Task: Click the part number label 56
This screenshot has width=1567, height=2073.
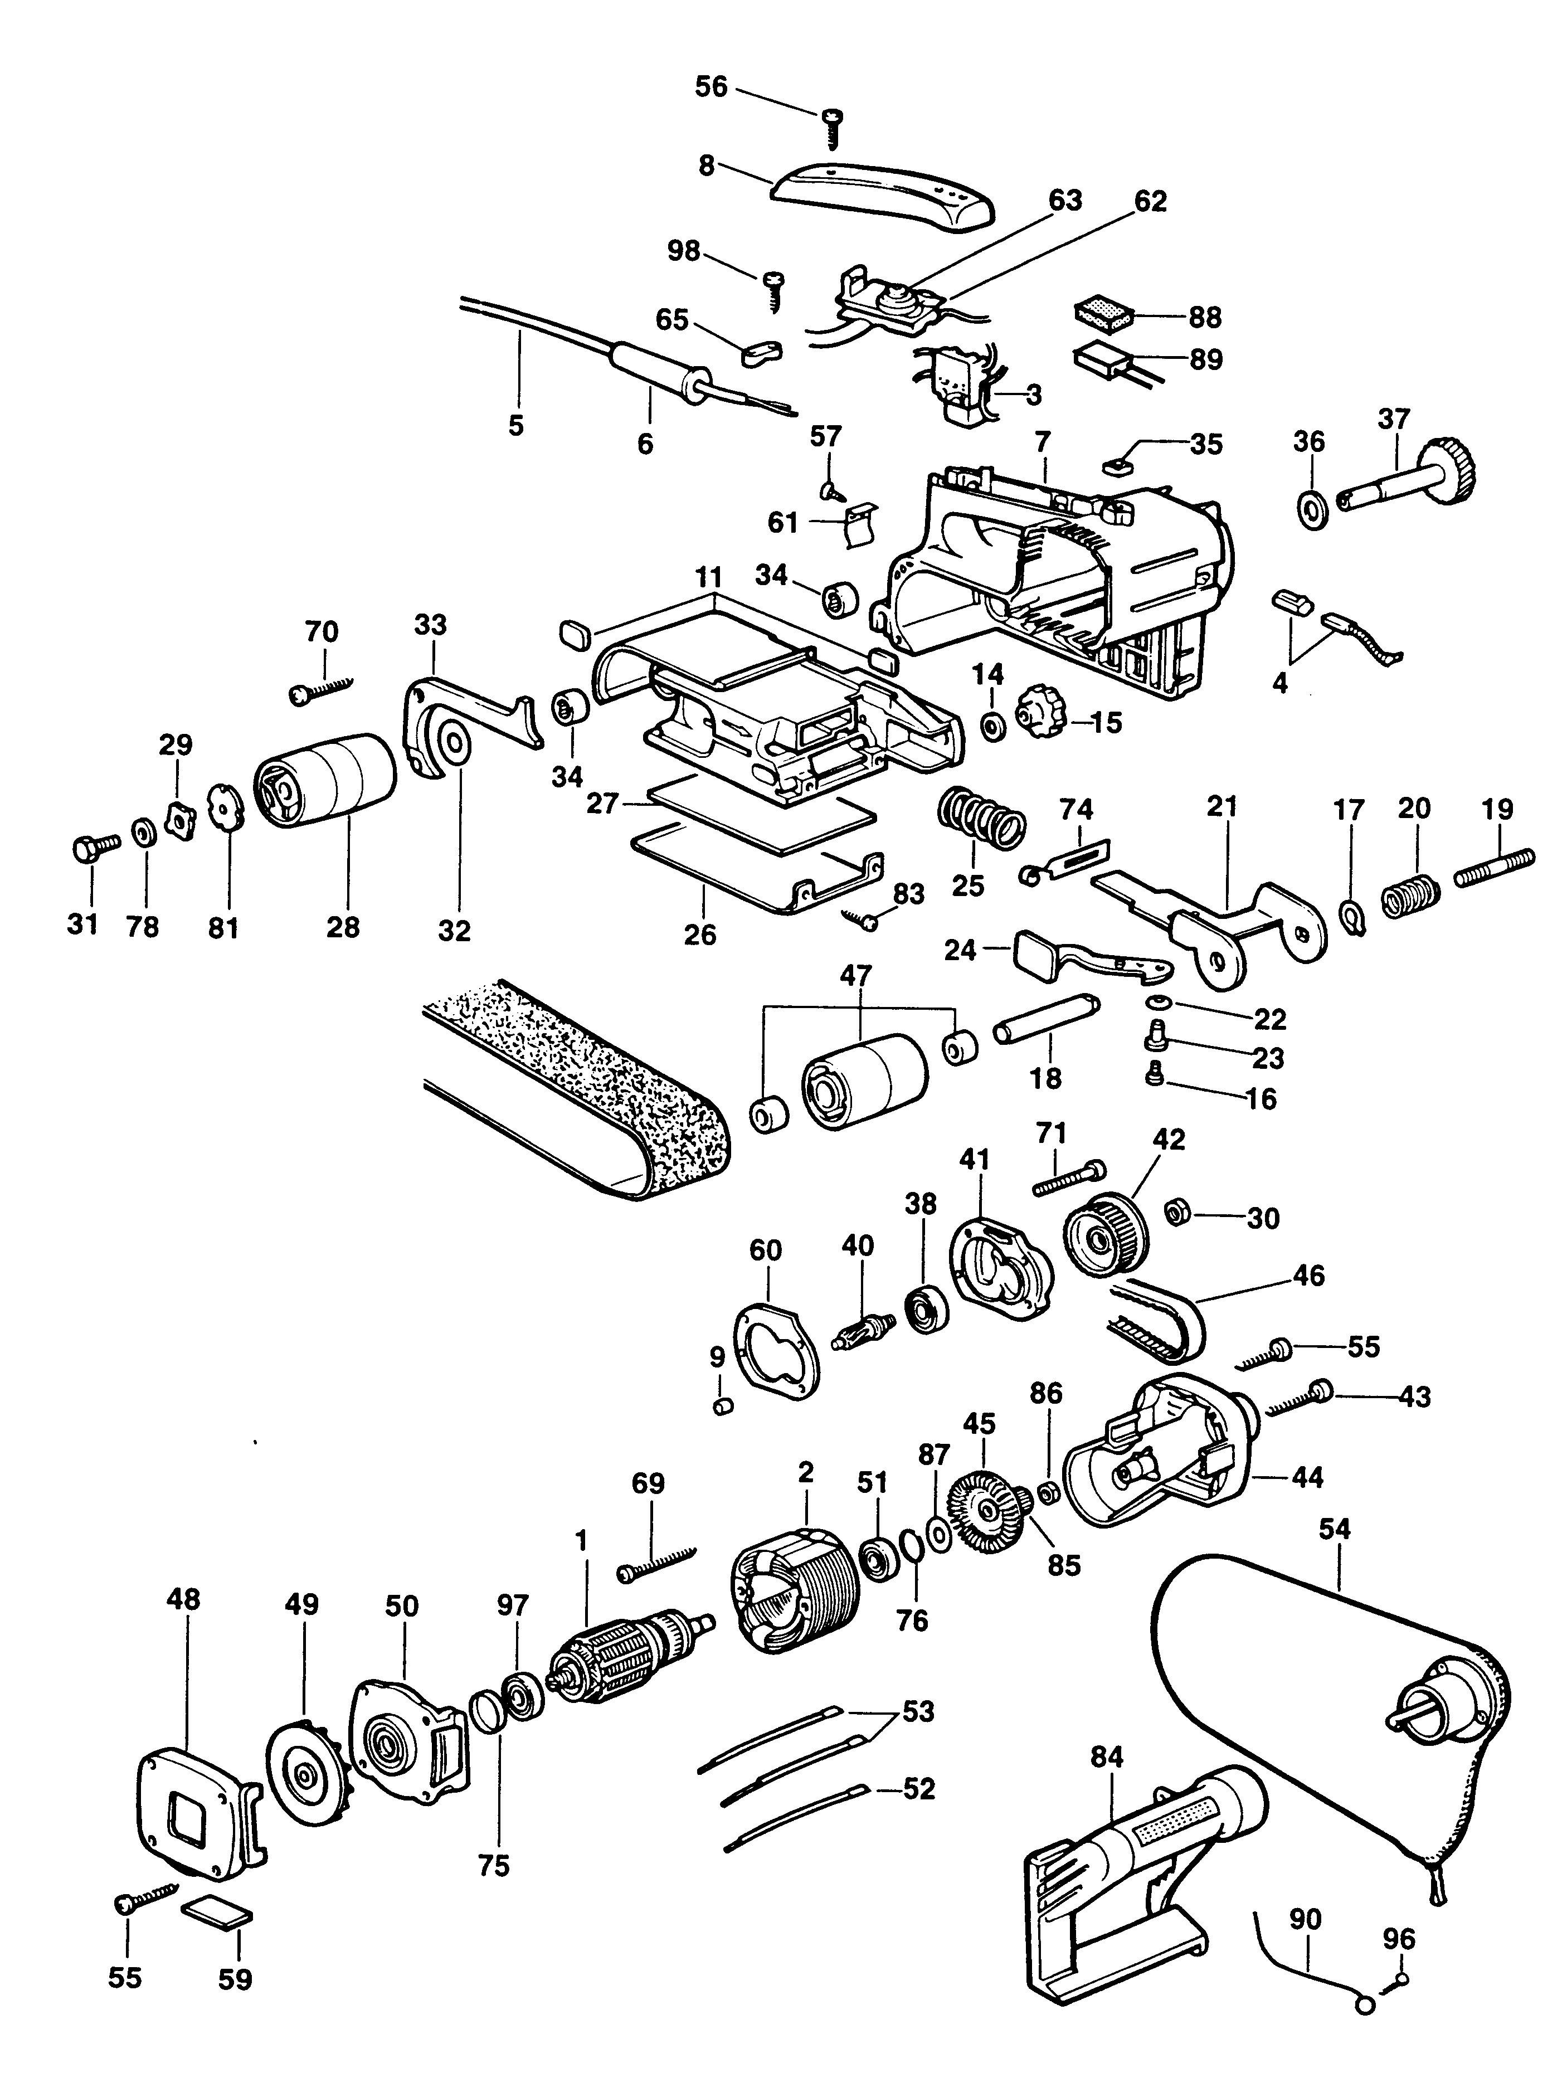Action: (710, 87)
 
